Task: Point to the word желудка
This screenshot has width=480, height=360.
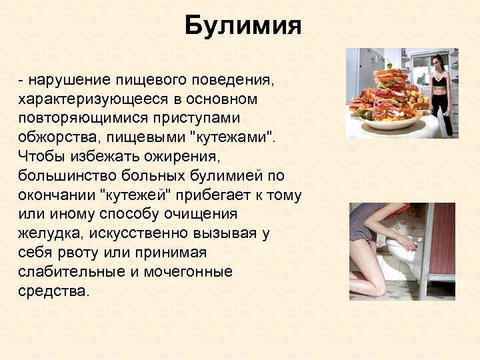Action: [x=45, y=234]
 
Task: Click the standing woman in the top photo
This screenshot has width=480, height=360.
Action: [x=438, y=93]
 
